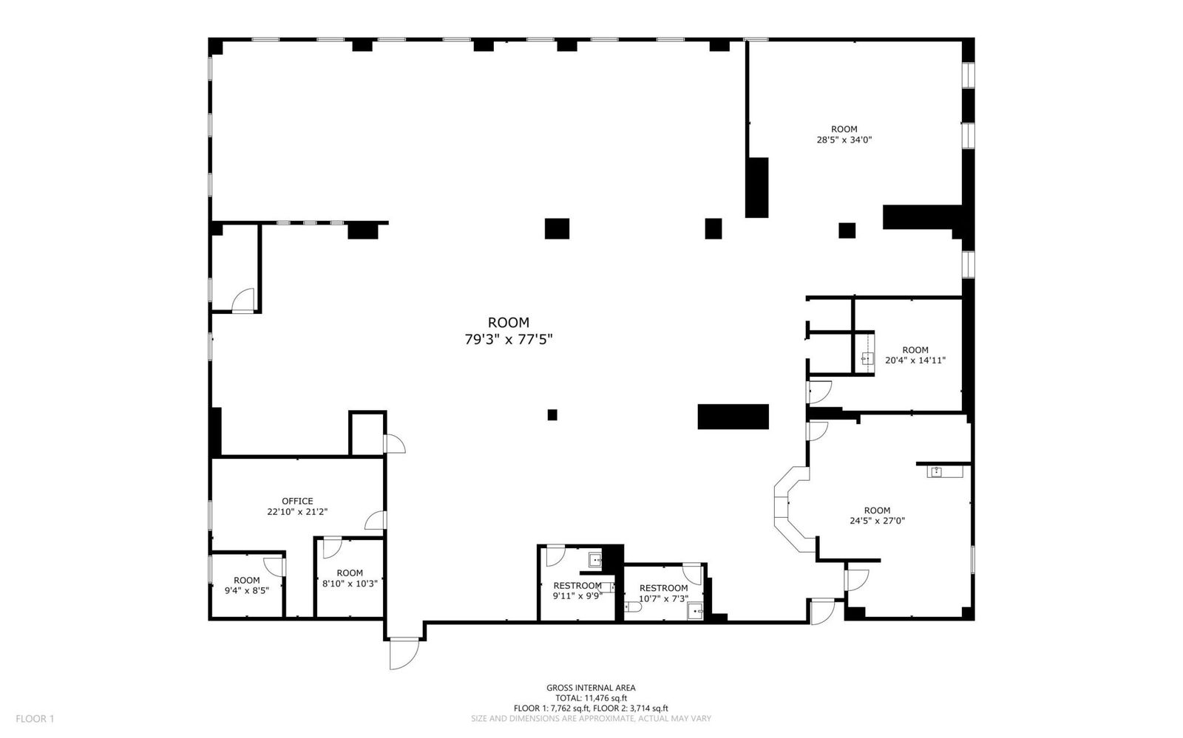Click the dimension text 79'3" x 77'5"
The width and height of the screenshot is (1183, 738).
tap(509, 339)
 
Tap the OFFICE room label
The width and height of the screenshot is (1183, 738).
tap(297, 501)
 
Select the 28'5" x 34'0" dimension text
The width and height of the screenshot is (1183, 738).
tap(844, 140)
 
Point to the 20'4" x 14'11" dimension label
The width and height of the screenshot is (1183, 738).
tap(915, 361)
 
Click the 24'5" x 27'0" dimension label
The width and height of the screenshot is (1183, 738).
tap(877, 521)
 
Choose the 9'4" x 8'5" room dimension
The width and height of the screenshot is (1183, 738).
tap(247, 591)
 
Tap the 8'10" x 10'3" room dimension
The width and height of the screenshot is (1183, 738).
tap(350, 584)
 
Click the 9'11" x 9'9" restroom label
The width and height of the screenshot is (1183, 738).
tap(577, 596)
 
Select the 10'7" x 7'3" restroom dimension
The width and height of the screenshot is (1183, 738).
tap(663, 598)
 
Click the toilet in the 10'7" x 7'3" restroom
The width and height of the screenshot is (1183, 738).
tap(633, 607)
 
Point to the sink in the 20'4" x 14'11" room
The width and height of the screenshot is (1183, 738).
tap(867, 359)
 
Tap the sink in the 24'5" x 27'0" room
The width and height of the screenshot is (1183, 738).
tap(936, 471)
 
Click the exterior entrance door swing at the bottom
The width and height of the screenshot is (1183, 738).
tap(404, 654)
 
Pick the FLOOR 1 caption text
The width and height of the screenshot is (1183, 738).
tap(35, 719)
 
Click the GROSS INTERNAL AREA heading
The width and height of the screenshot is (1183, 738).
tap(591, 688)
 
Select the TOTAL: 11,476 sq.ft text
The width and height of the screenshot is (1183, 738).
tap(591, 698)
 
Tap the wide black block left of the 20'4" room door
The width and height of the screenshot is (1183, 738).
tap(733, 417)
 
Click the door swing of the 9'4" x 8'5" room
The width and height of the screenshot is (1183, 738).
tap(274, 567)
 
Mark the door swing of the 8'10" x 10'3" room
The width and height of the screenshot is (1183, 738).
tap(332, 547)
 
